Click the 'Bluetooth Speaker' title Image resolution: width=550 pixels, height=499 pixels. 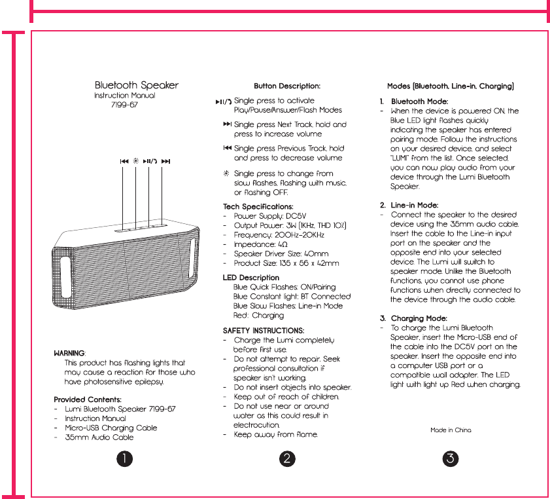[137, 85]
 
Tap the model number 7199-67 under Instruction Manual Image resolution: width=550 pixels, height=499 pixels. [125, 105]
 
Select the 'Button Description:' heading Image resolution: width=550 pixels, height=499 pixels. [287, 86]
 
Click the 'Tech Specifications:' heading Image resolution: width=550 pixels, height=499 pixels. [258, 206]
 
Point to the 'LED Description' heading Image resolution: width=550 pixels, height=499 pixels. [251, 278]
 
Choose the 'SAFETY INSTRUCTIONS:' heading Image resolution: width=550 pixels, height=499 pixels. [264, 331]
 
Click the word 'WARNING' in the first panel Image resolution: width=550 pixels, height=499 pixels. [69, 353]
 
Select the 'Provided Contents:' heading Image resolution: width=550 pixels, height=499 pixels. [88, 399]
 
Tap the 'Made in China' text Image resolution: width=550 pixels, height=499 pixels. [451, 430]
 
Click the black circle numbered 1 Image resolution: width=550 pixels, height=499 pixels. [124, 458]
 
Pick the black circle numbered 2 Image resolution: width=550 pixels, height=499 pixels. [287, 458]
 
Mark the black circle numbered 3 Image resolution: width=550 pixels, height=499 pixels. [449, 458]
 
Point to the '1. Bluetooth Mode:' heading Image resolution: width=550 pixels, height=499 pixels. [414, 102]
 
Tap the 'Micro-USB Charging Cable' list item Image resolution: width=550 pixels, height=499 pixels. [111, 428]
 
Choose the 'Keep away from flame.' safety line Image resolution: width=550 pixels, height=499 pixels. [276, 434]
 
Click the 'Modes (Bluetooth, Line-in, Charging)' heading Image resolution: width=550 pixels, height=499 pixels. [451, 86]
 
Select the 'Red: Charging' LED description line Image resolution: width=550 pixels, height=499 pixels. [258, 315]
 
